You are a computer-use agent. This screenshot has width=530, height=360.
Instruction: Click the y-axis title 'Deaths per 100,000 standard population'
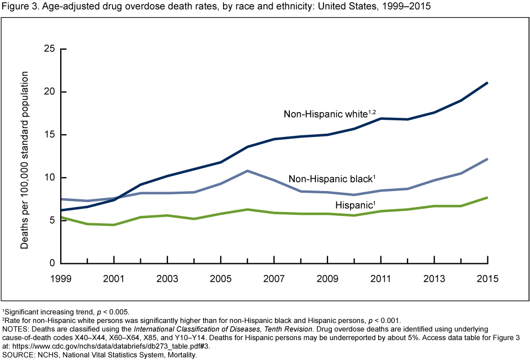[x=25, y=156]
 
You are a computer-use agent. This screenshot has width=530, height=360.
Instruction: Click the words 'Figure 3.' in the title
[x=19, y=7]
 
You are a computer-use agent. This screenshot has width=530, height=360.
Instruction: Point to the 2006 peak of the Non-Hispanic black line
[x=248, y=171]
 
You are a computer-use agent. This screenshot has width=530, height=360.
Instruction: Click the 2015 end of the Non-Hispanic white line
[x=487, y=83]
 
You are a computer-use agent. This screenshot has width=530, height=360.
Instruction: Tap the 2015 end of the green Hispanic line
[x=487, y=197]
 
